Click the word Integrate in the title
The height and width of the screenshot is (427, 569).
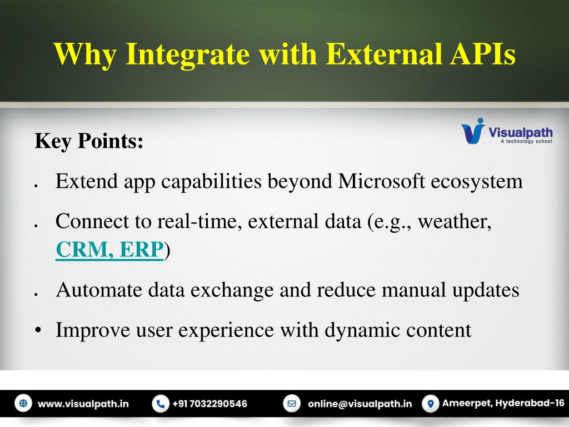(188, 55)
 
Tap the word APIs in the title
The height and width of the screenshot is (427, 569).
(483, 54)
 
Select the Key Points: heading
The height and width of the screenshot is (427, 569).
(89, 141)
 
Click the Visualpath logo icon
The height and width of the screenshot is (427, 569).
(473, 131)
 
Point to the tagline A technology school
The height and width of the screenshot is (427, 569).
(527, 141)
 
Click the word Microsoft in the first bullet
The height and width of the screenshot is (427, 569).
(381, 181)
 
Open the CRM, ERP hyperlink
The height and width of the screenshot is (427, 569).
(109, 250)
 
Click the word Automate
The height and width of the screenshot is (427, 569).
(99, 290)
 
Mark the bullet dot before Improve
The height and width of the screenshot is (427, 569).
(38, 330)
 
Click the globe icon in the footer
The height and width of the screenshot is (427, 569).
(23, 404)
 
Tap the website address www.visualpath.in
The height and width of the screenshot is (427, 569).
(83, 404)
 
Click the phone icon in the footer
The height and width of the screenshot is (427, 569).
(161, 404)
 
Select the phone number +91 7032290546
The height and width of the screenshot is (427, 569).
(209, 404)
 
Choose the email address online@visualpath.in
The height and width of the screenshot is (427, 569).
(360, 404)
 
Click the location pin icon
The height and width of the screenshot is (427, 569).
(431, 404)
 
